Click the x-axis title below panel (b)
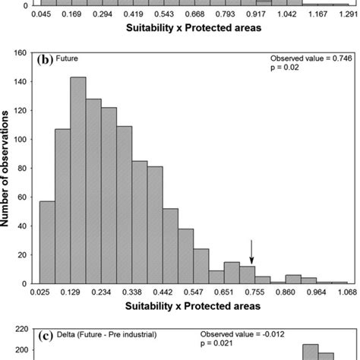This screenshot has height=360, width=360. tap(187, 306)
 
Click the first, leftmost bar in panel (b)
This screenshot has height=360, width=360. tap(46, 242)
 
